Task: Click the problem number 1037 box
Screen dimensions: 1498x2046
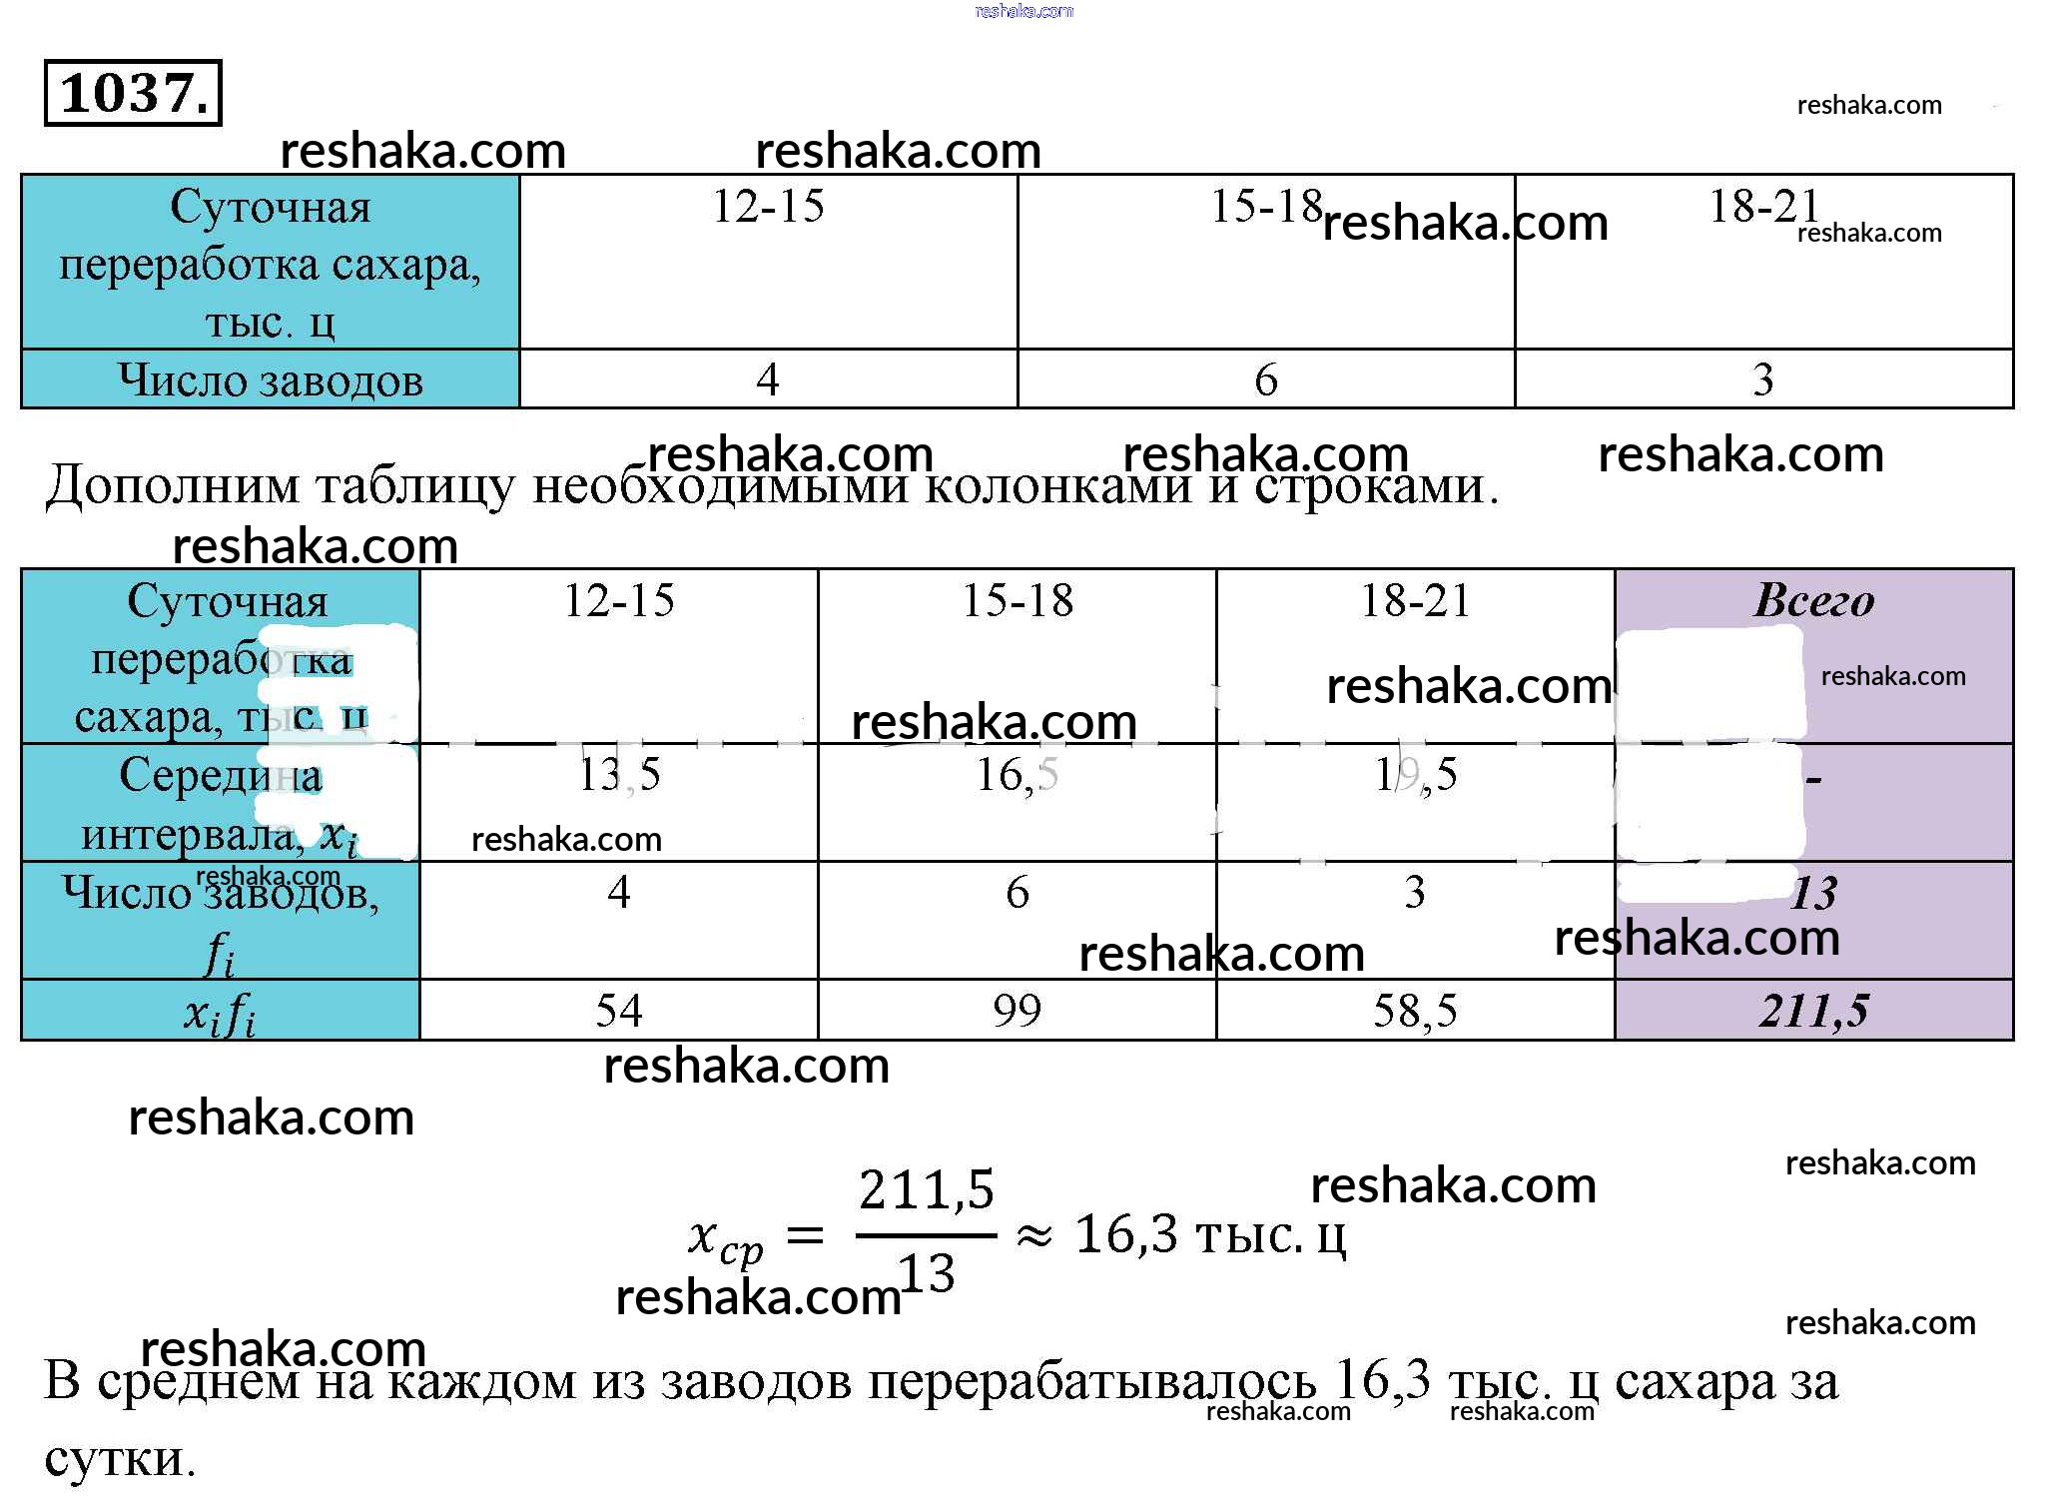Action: pyautogui.click(x=133, y=93)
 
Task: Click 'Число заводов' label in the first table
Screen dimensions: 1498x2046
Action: pyautogui.click(x=271, y=380)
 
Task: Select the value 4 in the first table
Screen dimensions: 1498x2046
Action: pyautogui.click(x=767, y=379)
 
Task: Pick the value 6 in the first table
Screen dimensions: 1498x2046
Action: pyautogui.click(x=1265, y=379)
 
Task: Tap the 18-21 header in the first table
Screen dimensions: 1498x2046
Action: pyautogui.click(x=1763, y=207)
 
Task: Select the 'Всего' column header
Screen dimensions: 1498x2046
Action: pyautogui.click(x=1813, y=600)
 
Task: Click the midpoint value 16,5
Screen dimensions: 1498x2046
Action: pyautogui.click(x=1017, y=775)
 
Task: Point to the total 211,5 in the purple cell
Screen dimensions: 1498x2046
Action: pyautogui.click(x=1813, y=1011)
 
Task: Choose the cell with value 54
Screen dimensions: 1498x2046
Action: pyautogui.click(x=618, y=1011)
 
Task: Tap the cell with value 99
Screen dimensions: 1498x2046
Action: pyautogui.click(x=1017, y=1011)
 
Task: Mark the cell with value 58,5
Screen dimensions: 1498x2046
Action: pyautogui.click(x=1415, y=1011)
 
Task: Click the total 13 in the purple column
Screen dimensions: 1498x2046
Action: pyautogui.click(x=1813, y=893)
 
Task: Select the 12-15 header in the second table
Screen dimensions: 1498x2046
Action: pyautogui.click(x=618, y=600)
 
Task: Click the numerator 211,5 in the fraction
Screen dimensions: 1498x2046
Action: pyautogui.click(x=927, y=1190)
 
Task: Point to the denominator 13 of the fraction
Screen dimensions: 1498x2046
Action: pyautogui.click(x=927, y=1274)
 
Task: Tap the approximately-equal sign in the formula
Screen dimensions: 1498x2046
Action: pyautogui.click(x=1033, y=1236)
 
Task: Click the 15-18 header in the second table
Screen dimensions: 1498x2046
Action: pyautogui.click(x=1017, y=600)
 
